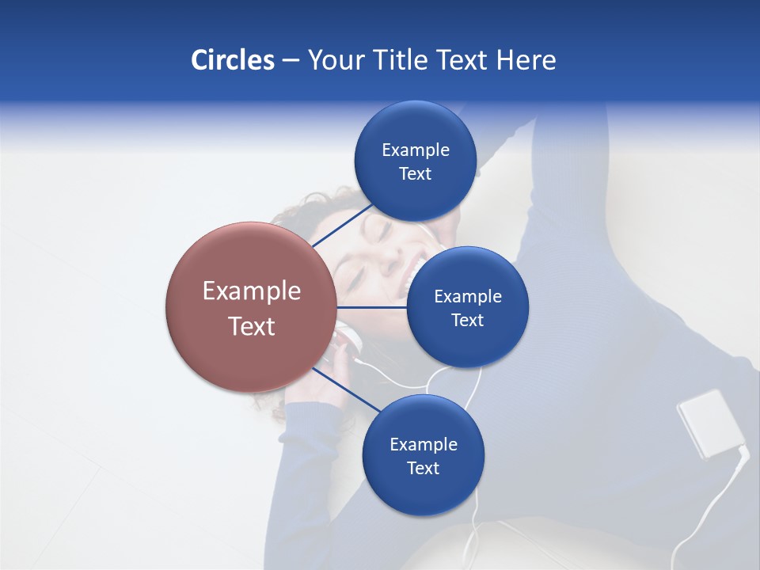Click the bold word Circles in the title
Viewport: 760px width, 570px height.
(x=232, y=60)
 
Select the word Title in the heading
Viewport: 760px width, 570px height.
(x=399, y=60)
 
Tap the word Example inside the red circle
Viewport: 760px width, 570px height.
(x=252, y=291)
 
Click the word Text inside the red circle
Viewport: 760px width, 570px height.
(x=252, y=326)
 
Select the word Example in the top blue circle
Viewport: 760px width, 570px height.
(x=416, y=150)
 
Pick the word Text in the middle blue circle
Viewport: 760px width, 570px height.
(x=467, y=321)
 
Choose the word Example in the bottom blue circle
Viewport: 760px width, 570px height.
(x=424, y=444)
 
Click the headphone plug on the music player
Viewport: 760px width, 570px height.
(x=743, y=454)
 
